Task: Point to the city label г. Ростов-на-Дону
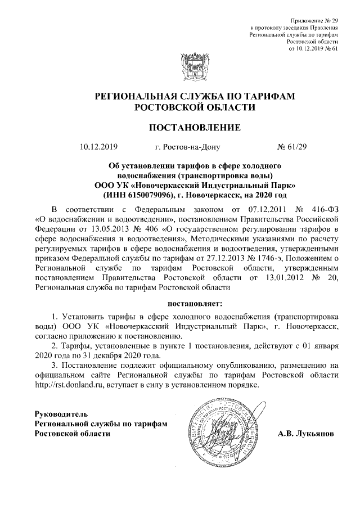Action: pos(187,148)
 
